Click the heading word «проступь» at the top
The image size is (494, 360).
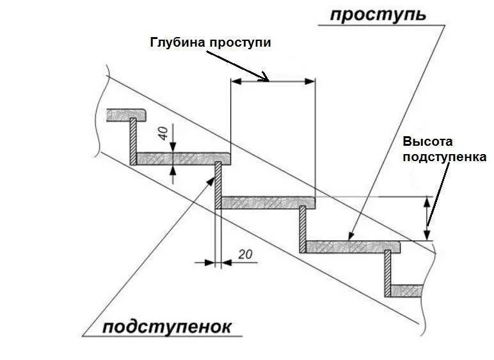(377, 15)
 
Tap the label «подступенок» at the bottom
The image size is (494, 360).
(166, 327)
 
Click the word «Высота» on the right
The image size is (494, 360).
(427, 142)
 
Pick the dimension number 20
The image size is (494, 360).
(244, 254)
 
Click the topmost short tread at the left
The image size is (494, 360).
(127, 114)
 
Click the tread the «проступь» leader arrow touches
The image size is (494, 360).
(352, 246)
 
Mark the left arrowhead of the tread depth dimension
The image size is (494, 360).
(236, 81)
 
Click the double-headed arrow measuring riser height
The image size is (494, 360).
(427, 218)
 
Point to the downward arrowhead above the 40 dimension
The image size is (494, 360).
(174, 146)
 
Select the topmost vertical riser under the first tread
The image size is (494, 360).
(132, 141)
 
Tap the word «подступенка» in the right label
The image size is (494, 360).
(444, 157)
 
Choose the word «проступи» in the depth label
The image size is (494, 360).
(241, 43)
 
